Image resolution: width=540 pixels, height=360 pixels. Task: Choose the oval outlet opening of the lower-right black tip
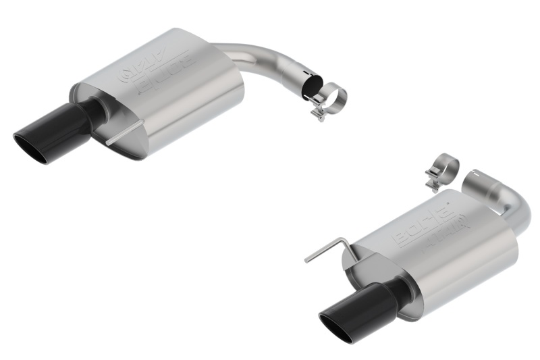click(338, 328)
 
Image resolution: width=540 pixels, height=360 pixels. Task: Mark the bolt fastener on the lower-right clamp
click(431, 180)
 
